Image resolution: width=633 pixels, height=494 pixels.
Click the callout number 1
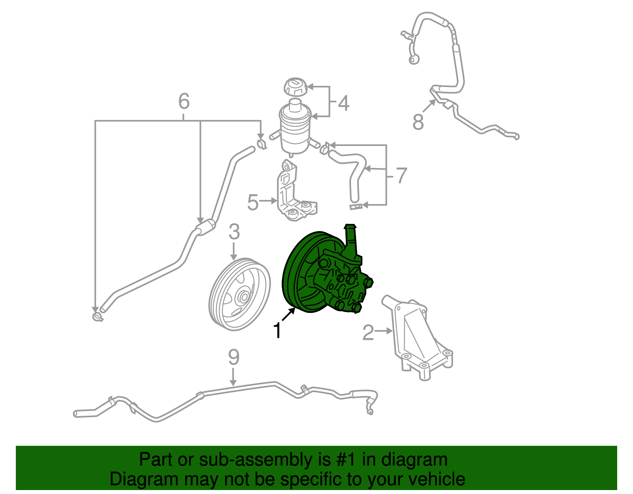click(278, 331)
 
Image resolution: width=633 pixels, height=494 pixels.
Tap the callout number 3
click(234, 232)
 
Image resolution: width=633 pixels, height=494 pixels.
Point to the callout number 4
click(343, 103)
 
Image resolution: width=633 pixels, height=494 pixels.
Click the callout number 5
click(253, 203)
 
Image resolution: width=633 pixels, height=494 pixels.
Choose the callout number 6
click(184, 101)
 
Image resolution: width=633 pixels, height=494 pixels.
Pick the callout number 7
click(401, 175)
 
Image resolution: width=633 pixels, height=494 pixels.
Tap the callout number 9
click(234, 357)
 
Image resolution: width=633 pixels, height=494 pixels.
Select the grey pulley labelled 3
click(239, 295)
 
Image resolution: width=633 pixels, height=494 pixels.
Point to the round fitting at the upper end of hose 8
click(414, 60)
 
